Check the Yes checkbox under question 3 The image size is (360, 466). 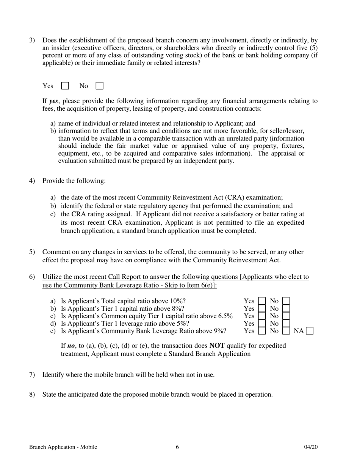(x=65, y=86)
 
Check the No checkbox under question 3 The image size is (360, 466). (x=99, y=86)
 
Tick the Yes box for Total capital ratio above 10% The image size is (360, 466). (x=261, y=301)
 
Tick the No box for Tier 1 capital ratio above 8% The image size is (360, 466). (x=286, y=308)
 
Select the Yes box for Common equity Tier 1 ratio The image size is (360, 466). (x=261, y=316)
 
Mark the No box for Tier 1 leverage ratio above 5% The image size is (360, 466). (x=286, y=324)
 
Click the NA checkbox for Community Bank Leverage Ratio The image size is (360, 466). (x=310, y=331)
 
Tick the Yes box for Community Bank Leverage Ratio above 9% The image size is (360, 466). (x=261, y=331)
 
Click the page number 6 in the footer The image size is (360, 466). (x=177, y=447)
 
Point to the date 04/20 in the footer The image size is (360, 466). (x=311, y=447)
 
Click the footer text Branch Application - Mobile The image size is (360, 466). (x=63, y=447)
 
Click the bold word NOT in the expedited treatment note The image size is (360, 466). (x=217, y=346)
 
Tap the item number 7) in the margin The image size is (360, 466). (x=32, y=375)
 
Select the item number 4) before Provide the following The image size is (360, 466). (x=32, y=181)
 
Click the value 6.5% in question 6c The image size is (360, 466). (x=225, y=316)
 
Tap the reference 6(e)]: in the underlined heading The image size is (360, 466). (x=207, y=285)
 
